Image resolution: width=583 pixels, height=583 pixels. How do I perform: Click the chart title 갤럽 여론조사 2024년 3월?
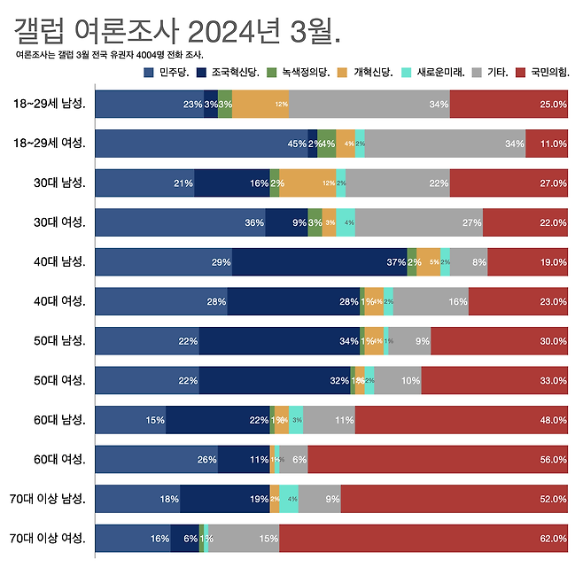178,32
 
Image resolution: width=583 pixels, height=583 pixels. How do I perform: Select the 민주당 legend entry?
171,73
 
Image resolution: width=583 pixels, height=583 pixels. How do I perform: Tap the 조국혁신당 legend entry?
234,73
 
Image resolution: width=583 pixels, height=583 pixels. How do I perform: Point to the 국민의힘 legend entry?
541,73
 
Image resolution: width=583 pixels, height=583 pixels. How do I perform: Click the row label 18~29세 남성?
51,105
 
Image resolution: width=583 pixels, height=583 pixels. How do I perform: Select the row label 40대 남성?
58,262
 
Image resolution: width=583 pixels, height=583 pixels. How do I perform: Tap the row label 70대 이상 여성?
48,538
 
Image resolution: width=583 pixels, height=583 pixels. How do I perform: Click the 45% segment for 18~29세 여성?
201,144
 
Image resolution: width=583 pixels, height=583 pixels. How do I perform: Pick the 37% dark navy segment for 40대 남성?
320,262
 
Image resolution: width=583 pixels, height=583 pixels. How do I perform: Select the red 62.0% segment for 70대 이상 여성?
423,538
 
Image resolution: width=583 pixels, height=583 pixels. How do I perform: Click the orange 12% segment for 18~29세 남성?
260,105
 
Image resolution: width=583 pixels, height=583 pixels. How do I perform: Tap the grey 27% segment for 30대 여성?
419,222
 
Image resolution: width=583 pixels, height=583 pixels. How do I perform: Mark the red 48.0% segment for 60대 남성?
461,420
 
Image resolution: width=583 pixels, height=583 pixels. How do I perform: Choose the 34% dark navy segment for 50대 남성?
279,341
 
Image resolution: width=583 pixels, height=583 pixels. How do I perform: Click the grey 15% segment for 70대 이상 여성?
244,538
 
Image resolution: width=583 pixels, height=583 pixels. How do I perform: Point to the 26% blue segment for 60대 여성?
156,459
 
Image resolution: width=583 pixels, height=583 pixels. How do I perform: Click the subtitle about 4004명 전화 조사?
110,55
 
